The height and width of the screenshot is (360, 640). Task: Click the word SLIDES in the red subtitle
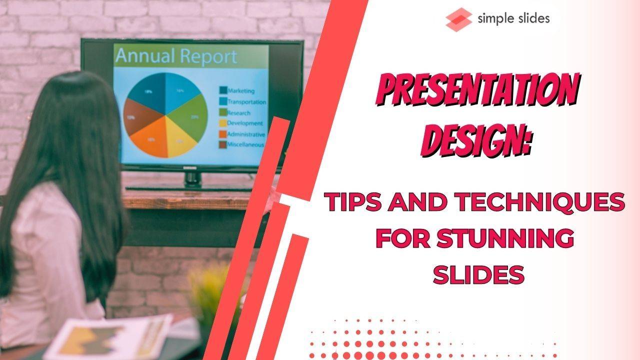click(x=478, y=274)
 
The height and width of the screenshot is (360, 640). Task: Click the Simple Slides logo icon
click(x=458, y=20)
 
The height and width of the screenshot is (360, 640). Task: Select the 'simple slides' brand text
click(x=513, y=19)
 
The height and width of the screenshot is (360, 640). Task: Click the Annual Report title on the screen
click(x=175, y=56)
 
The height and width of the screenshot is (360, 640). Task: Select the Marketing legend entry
click(x=240, y=91)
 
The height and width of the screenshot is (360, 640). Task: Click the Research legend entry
click(x=238, y=112)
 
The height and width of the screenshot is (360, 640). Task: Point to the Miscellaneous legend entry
click(x=245, y=144)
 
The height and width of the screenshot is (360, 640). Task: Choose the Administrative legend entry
click(x=245, y=134)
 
